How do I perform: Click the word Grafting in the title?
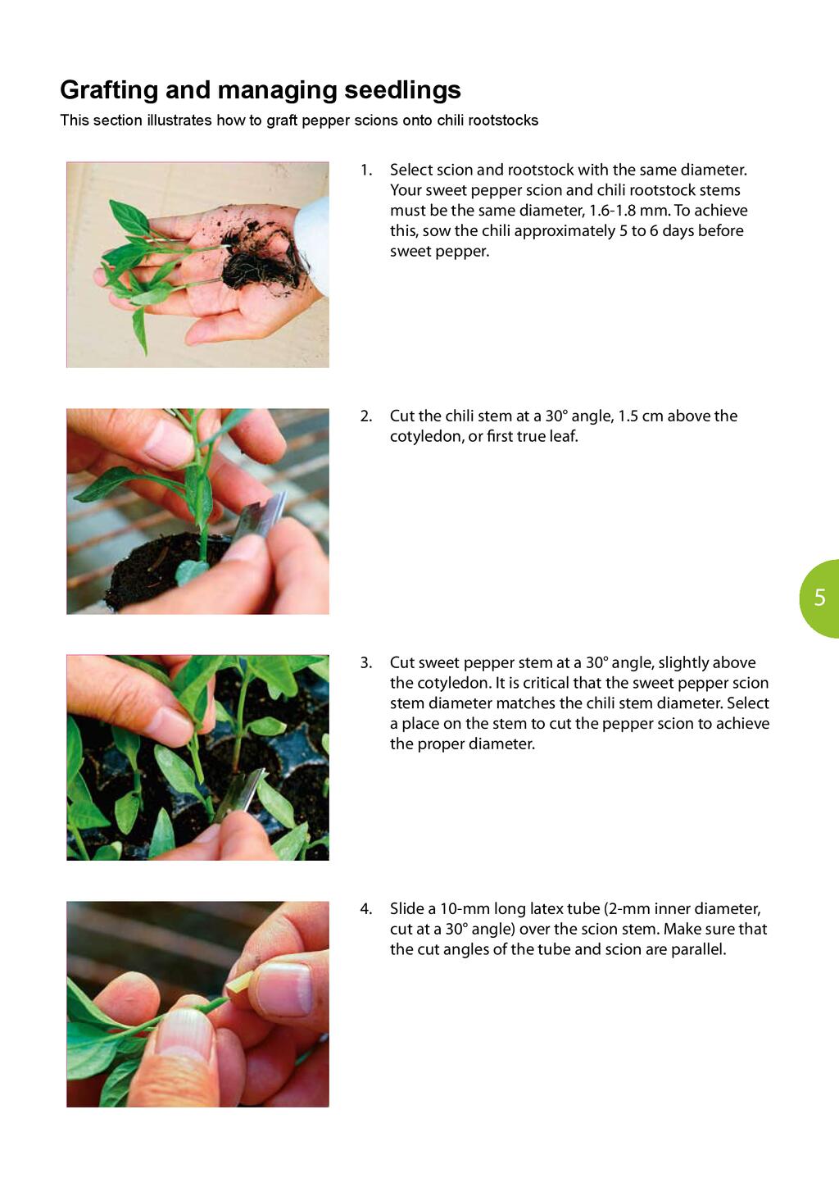tap(109, 90)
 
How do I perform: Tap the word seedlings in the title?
tap(402, 90)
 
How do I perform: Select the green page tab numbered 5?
tap(819, 598)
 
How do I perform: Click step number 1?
tap(366, 171)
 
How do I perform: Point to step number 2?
tap(366, 416)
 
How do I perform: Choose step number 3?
tap(366, 662)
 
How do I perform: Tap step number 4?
tap(366, 909)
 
